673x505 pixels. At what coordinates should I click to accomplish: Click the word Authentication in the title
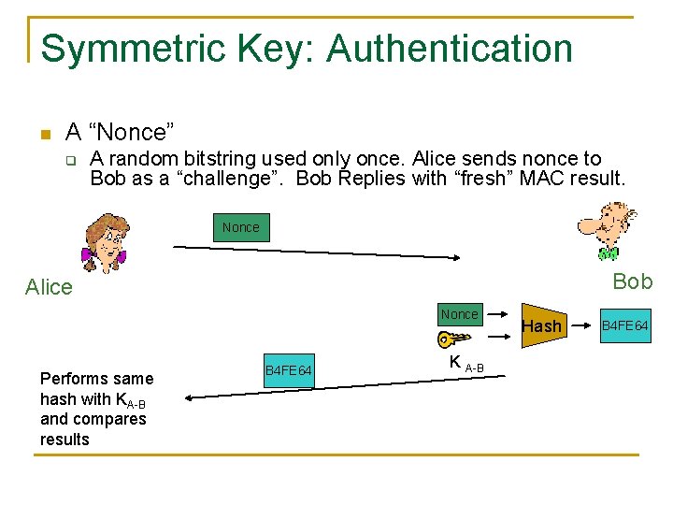449,49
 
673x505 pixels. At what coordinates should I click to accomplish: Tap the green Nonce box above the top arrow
241,227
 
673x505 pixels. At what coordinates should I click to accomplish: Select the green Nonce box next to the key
459,314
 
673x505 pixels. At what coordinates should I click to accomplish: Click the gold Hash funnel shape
542,325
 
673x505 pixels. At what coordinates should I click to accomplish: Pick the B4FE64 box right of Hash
624,325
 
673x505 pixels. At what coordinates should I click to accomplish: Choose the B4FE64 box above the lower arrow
289,372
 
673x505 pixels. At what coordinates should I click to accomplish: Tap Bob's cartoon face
607,230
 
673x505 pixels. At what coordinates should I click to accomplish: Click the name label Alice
49,287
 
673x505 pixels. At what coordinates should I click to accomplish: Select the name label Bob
633,281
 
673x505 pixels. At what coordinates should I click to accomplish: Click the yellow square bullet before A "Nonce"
43,134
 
